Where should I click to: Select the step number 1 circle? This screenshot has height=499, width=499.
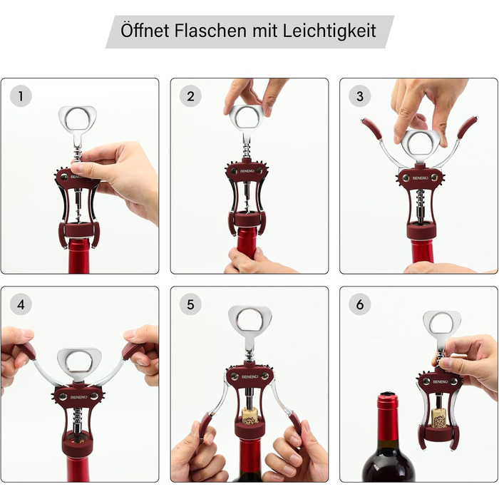[x=21, y=96]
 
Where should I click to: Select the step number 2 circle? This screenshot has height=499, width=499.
[x=190, y=96]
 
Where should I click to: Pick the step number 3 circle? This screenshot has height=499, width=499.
[x=359, y=96]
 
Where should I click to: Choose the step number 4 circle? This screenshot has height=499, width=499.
[x=21, y=304]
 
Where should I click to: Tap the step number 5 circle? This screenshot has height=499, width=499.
[x=190, y=304]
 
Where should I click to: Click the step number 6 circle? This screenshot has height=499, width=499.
[x=359, y=304]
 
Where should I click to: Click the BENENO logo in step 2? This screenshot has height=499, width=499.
[x=247, y=171]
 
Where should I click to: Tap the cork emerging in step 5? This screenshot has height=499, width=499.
[x=249, y=416]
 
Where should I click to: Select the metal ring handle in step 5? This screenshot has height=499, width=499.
[x=249, y=319]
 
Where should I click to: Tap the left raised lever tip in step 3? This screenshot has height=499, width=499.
[x=370, y=128]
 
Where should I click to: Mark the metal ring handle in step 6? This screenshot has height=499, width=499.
[x=442, y=324]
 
